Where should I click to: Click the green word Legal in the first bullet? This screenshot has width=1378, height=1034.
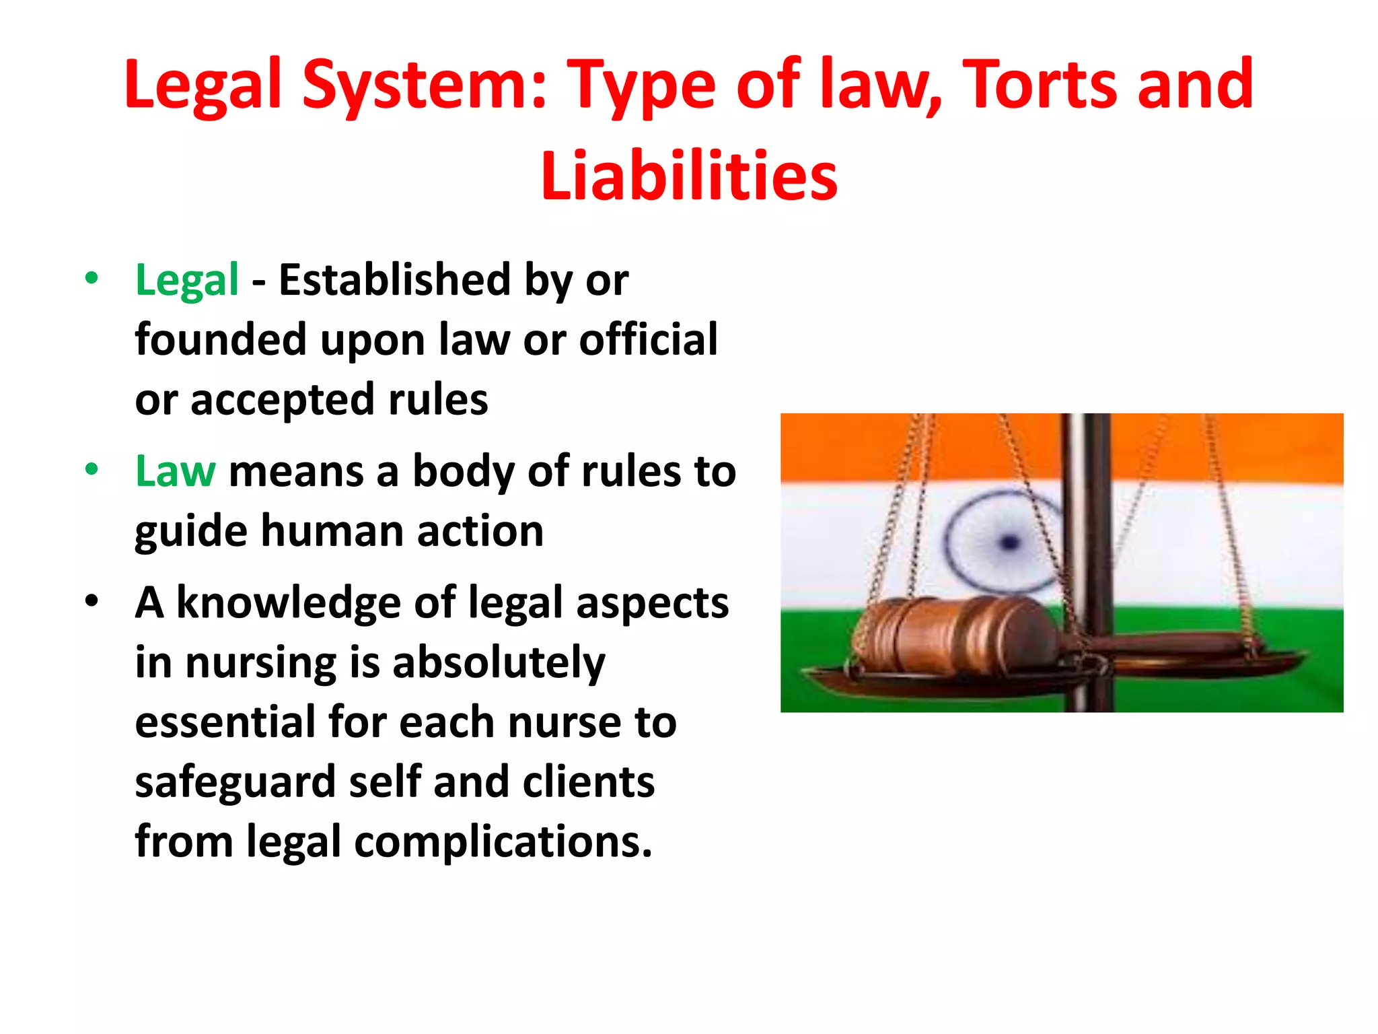point(187,280)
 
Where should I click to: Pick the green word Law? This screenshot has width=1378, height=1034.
point(175,471)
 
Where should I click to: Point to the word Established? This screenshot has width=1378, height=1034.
point(395,280)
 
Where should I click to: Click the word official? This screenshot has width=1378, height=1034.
point(649,339)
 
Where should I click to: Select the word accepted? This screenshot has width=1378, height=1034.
point(283,401)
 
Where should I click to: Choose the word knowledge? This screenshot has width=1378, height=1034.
point(289,603)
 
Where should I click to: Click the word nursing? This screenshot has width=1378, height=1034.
point(261,663)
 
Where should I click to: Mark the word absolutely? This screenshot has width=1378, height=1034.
point(499,663)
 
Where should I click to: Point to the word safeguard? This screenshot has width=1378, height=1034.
point(235,783)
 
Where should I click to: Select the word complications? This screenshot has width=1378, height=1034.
point(503,843)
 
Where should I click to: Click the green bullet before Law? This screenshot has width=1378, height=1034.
point(92,469)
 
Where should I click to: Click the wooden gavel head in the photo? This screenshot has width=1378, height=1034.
point(955,635)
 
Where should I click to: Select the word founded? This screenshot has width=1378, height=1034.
point(221,339)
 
